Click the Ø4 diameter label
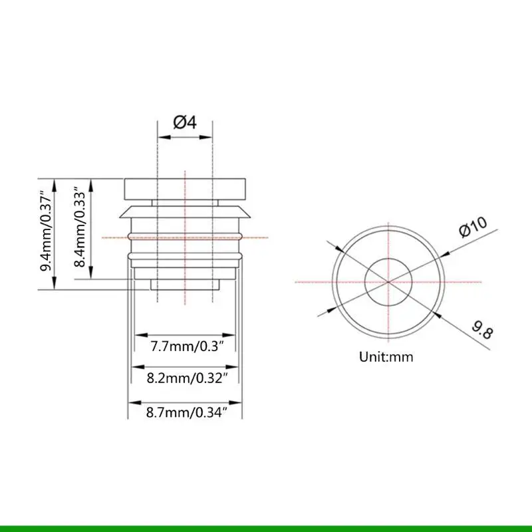(185, 122)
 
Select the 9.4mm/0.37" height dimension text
(46, 233)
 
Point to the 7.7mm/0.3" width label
(187, 346)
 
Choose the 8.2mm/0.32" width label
(187, 378)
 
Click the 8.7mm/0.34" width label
(187, 412)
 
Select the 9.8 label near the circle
(482, 330)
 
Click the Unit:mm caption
(386, 357)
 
